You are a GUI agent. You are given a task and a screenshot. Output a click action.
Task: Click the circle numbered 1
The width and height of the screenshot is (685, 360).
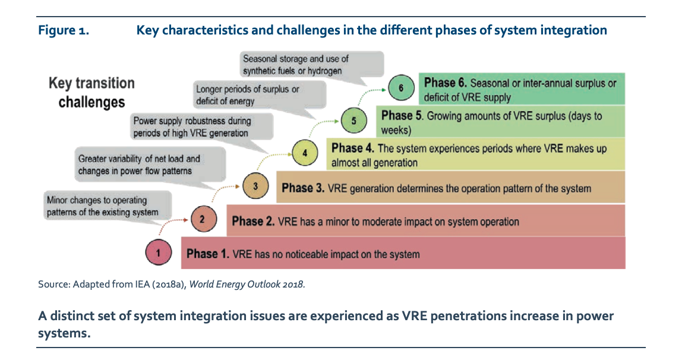158,254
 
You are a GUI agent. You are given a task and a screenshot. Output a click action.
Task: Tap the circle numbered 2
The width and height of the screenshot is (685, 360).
202,220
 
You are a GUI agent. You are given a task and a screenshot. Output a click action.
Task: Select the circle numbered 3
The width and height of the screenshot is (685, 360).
255,187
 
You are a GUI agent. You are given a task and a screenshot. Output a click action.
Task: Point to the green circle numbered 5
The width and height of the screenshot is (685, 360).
353,121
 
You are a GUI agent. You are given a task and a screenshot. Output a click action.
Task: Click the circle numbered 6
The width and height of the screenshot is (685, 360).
402,89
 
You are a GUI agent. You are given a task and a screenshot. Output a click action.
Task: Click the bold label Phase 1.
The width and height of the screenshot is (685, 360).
207,254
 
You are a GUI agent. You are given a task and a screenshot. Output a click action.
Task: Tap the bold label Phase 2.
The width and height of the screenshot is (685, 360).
253,222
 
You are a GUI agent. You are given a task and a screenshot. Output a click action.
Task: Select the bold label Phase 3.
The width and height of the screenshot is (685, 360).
303,188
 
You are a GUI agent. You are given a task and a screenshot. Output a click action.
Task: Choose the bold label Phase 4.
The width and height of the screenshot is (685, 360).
353,148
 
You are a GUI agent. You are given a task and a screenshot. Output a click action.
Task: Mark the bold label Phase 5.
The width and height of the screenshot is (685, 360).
403,115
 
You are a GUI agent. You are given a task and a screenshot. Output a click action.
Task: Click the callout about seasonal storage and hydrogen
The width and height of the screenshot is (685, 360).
296,65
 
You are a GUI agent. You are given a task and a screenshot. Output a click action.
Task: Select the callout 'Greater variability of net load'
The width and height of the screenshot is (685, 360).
140,165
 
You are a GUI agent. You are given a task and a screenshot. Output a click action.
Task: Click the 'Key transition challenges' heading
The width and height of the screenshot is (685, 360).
91,92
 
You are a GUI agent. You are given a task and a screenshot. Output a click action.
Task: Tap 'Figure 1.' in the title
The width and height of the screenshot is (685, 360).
64,30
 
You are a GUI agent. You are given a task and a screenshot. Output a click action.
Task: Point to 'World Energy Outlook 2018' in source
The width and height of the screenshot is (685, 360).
247,284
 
